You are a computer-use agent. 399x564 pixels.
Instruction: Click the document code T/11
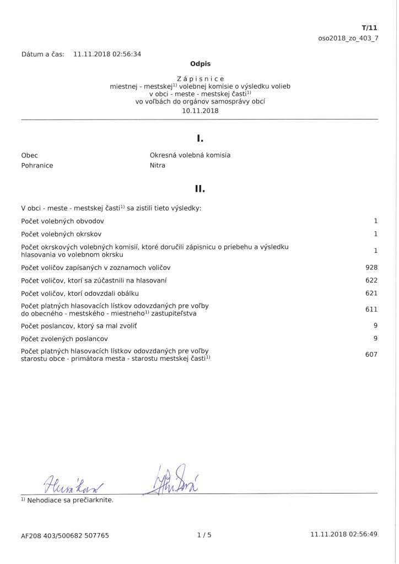(x=369, y=28)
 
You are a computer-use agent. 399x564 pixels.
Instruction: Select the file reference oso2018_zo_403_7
(x=348, y=38)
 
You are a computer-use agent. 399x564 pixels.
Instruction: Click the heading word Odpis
(x=200, y=64)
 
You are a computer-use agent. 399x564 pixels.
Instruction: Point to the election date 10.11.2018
(x=200, y=110)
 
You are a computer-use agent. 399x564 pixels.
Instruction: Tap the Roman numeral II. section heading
(x=200, y=189)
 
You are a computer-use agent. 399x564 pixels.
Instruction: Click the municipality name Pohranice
(x=37, y=165)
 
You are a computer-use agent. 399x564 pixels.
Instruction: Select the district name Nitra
(x=158, y=165)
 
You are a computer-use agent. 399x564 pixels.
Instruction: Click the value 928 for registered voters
(x=371, y=268)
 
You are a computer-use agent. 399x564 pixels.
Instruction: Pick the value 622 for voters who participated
(x=371, y=280)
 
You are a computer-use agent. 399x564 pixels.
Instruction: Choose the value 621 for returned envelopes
(x=371, y=293)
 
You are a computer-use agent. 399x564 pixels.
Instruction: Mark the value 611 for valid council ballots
(x=371, y=310)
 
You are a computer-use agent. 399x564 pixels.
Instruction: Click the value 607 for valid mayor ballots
(x=371, y=354)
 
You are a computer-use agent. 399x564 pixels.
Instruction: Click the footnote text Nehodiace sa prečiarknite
(x=69, y=500)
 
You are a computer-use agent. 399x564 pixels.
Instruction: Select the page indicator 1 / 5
(x=204, y=534)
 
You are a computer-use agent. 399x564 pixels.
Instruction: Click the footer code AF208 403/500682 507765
(x=65, y=535)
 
